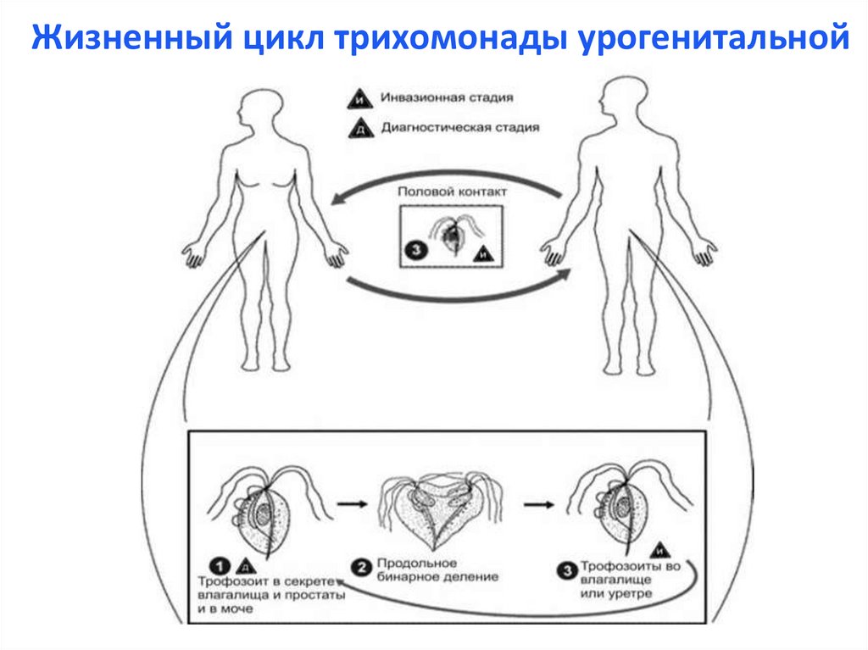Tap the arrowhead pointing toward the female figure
(x=339, y=199)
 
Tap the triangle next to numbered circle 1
(x=243, y=565)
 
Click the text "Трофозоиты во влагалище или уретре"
(x=622, y=578)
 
